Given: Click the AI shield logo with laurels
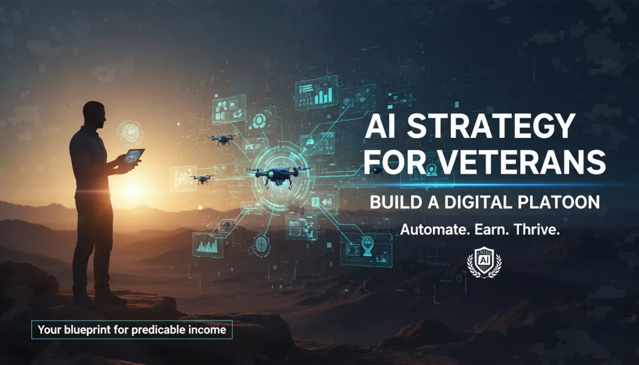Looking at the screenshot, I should pyautogui.click(x=484, y=262).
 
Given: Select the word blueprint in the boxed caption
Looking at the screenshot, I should pyautogui.click(x=98, y=330).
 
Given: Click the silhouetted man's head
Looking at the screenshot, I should pyautogui.click(x=94, y=115).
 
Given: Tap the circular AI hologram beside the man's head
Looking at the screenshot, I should pyautogui.click(x=130, y=133).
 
